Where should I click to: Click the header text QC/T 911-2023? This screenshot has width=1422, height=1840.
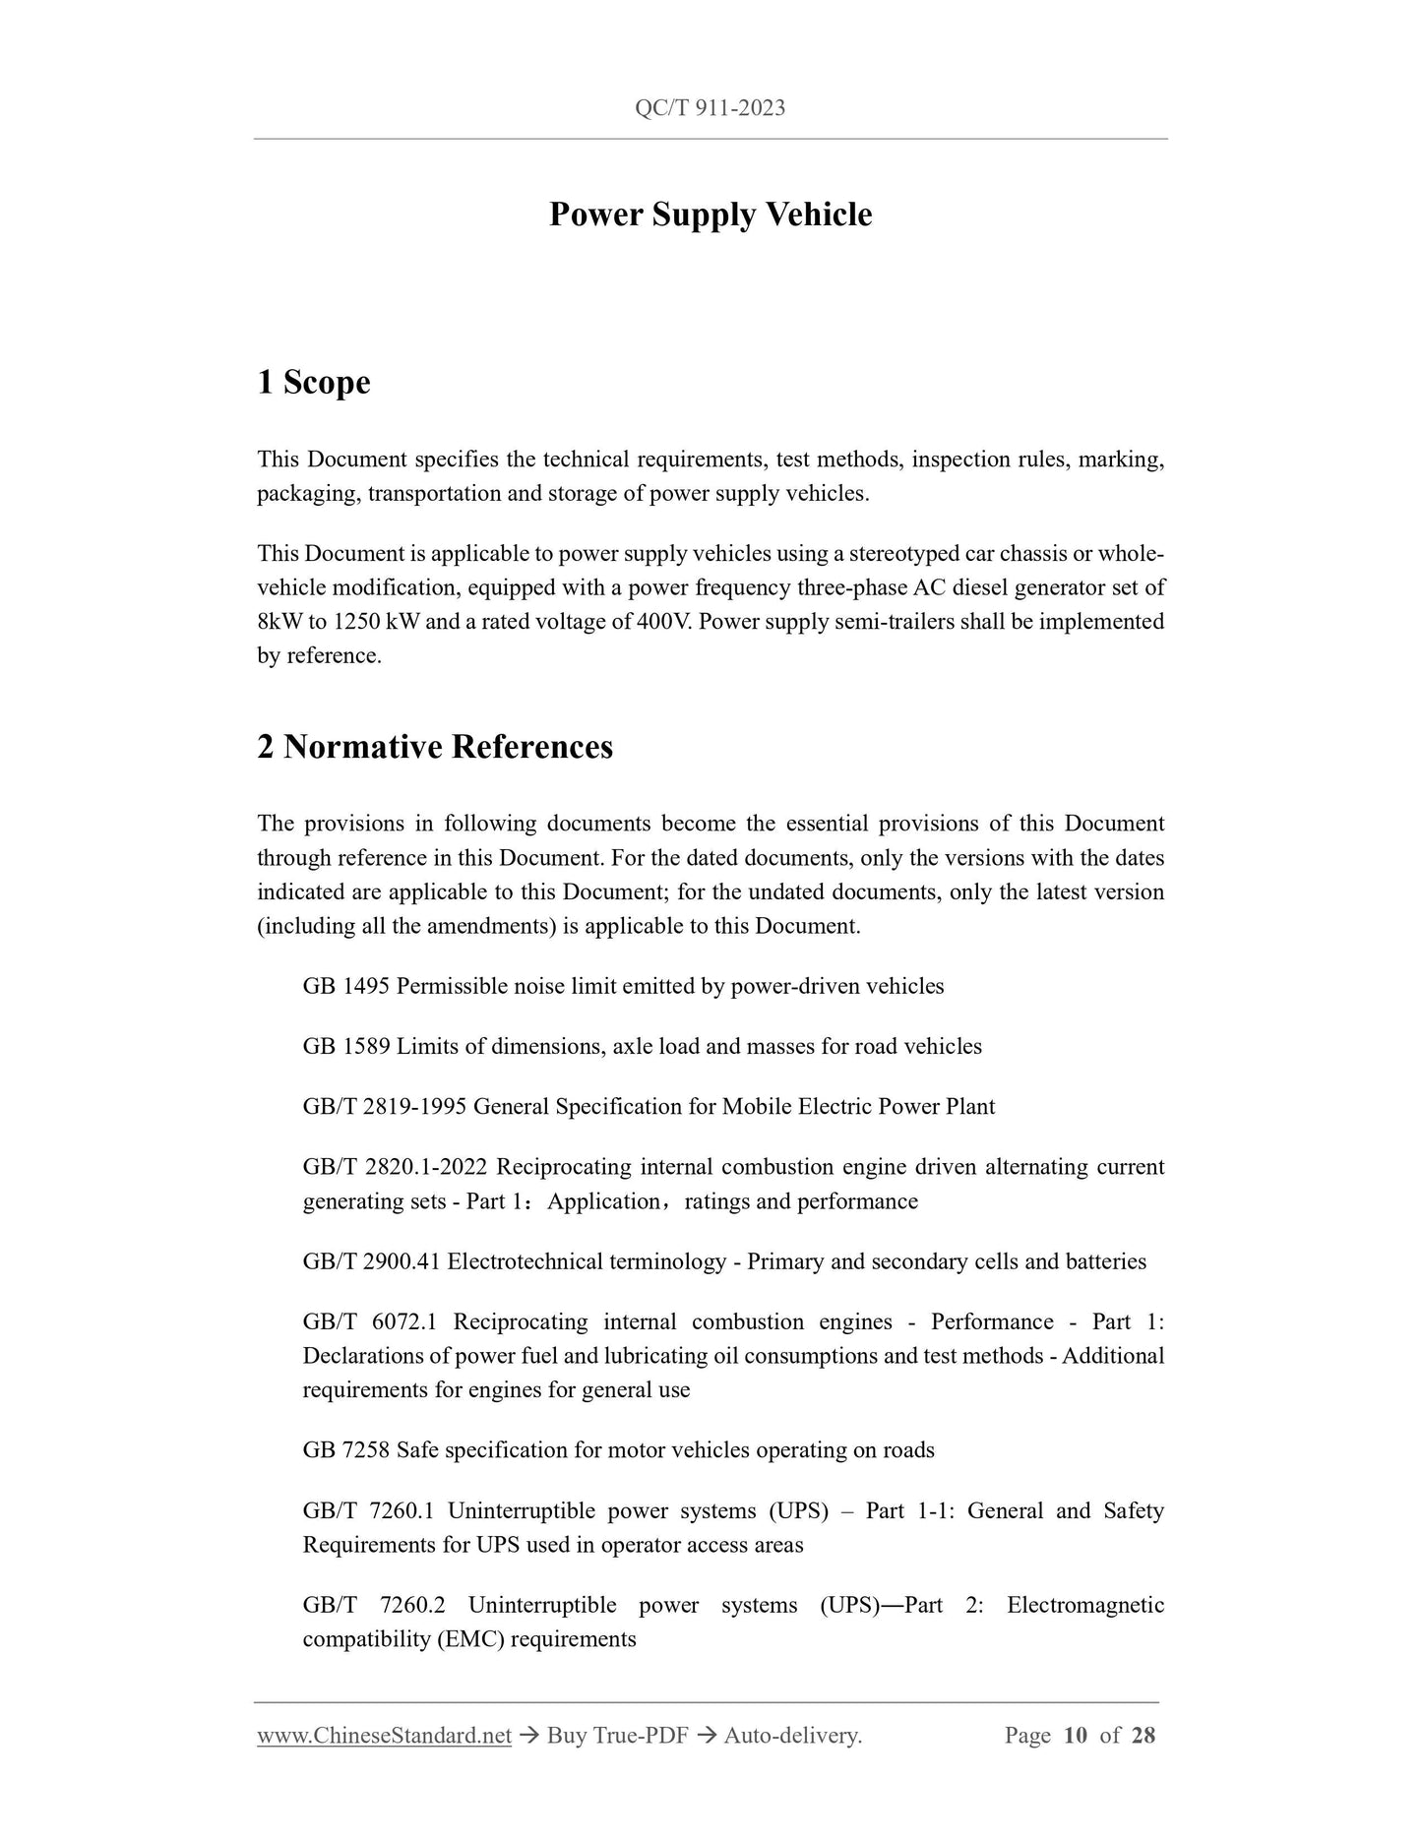[x=710, y=108]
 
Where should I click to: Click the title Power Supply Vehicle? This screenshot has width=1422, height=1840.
[x=710, y=215]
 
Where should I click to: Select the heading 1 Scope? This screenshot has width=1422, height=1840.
[x=313, y=382]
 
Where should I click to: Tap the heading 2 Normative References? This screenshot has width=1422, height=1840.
[x=434, y=747]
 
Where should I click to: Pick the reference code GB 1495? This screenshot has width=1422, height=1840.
[x=346, y=986]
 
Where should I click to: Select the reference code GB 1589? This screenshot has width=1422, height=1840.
[x=346, y=1046]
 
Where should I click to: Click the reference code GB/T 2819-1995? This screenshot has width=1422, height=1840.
[x=385, y=1107]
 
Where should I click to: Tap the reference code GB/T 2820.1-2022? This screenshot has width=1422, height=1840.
[x=395, y=1167]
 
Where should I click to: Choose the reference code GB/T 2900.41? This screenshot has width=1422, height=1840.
[x=372, y=1261]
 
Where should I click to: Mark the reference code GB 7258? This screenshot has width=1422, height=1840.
[x=346, y=1450]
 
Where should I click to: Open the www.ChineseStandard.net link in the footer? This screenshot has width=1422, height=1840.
[x=384, y=1736]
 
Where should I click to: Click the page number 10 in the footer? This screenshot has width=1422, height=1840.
[x=1076, y=1736]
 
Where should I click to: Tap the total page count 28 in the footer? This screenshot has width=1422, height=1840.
[x=1144, y=1736]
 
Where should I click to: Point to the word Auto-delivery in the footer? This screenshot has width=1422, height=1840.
[x=791, y=1736]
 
